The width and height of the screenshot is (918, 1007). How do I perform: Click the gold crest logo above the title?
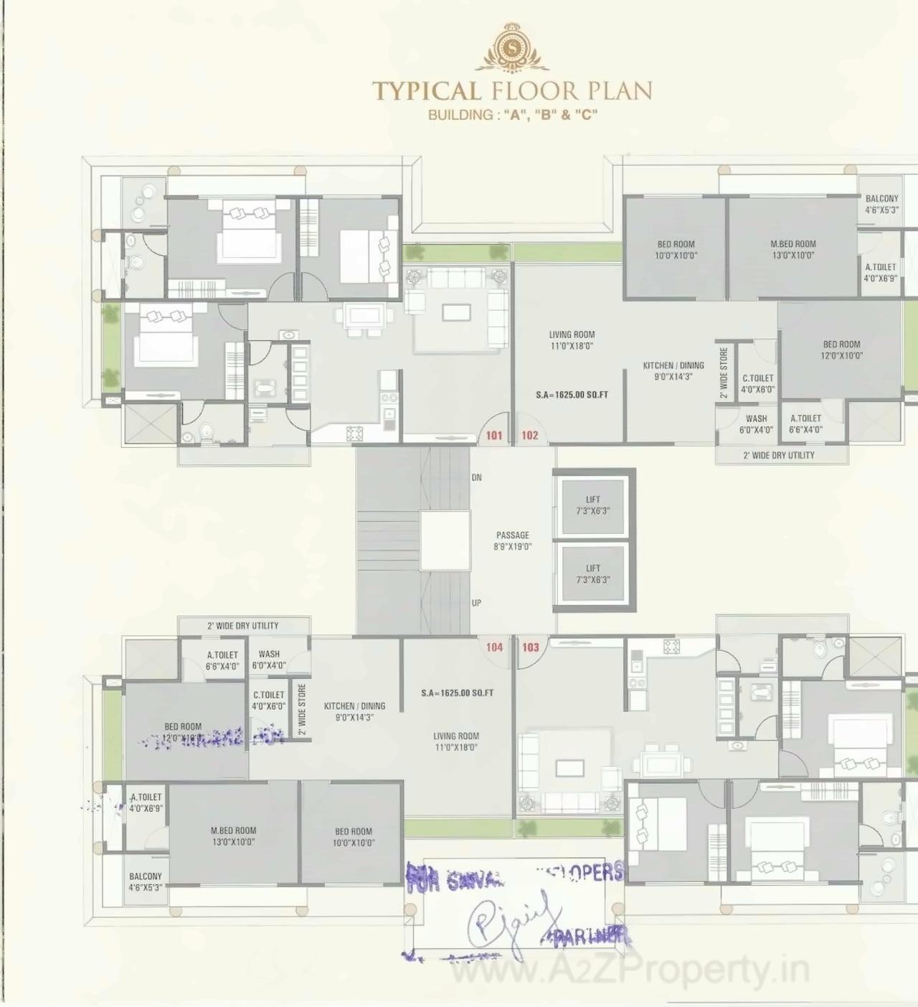coord(512,48)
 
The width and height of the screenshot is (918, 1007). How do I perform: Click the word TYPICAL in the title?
coord(427,91)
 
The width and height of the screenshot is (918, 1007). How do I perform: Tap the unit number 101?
coord(494,435)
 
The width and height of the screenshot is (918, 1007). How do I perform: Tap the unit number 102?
coord(529,435)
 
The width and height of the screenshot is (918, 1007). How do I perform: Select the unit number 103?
coord(530,647)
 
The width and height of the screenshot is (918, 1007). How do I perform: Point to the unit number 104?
coord(494,647)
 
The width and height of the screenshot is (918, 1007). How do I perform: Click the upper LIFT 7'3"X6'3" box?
coord(592,505)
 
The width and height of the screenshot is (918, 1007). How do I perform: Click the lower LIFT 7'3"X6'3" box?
coord(592,573)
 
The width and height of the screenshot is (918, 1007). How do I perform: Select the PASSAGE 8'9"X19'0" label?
coord(512,540)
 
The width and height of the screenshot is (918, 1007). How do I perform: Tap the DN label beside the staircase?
coord(476,477)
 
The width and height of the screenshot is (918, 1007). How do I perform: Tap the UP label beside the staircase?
coord(476,603)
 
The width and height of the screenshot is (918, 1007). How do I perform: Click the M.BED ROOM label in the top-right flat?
coord(792,249)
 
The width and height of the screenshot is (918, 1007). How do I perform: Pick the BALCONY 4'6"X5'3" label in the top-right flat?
coord(881,204)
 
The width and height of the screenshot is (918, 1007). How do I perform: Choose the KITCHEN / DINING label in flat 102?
coord(673,370)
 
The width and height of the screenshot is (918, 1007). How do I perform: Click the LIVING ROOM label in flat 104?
coord(455,741)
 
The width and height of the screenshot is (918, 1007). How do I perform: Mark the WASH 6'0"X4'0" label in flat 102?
coord(756,423)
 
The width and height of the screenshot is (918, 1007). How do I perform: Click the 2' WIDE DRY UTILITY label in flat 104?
coord(242,626)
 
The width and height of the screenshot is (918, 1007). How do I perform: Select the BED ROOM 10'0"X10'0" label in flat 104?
coord(353,837)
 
